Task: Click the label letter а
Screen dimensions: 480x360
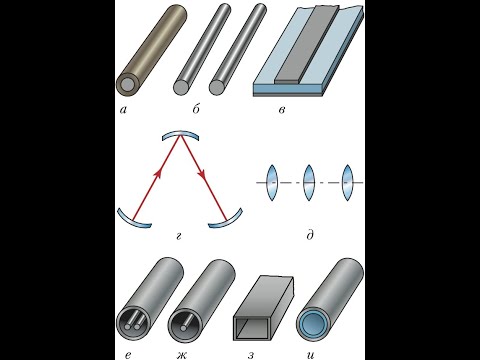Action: pos(123,110)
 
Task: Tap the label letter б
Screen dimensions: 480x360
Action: pos(196,109)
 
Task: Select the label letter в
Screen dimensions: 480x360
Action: pos(282,110)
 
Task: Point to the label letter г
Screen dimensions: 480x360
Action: pos(179,237)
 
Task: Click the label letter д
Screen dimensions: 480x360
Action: pos(310,235)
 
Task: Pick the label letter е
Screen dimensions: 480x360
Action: pos(128,356)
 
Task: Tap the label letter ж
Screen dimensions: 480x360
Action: pos(182,356)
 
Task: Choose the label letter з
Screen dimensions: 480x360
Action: pos(251,356)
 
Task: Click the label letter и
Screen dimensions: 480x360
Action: pos(310,356)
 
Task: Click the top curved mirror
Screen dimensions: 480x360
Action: pos(180,134)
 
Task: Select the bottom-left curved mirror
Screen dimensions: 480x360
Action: pos(133,222)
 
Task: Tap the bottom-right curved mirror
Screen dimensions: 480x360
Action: pos(227,222)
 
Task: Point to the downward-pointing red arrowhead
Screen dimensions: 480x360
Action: pos(201,174)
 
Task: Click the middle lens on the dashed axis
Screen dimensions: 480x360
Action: pos(309,183)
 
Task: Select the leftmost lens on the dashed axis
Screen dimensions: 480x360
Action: pos(272,183)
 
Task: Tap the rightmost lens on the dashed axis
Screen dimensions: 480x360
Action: pos(347,183)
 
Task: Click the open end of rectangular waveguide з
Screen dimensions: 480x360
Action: pos(252,328)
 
